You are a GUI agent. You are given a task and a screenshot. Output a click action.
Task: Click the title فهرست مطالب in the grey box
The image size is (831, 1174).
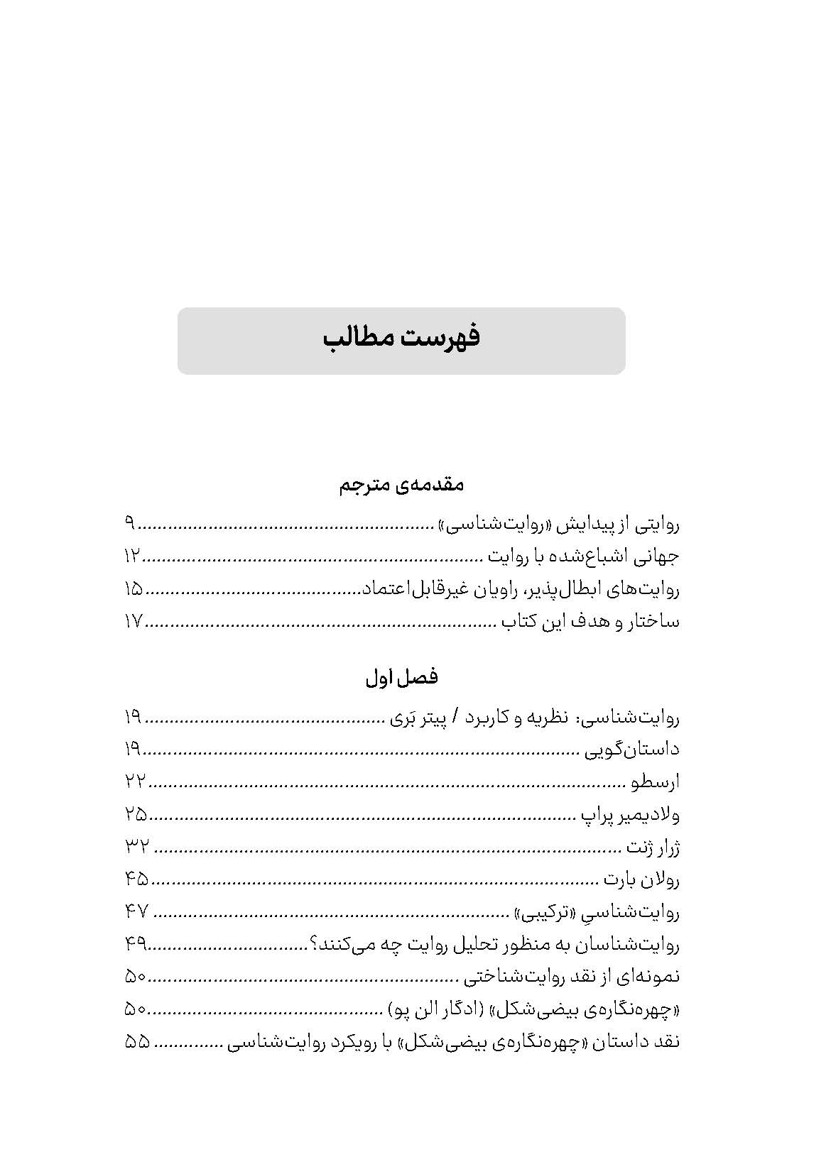[x=401, y=337]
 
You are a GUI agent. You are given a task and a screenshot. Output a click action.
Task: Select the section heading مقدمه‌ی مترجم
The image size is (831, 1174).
[x=401, y=485]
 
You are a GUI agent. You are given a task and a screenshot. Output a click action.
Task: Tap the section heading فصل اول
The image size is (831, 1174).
[x=401, y=677]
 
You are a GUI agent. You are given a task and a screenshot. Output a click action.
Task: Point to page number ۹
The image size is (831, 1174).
[x=129, y=525]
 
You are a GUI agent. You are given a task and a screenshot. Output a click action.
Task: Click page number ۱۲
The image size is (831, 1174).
[x=133, y=556]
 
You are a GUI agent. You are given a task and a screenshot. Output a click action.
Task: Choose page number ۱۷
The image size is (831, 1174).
[x=134, y=622]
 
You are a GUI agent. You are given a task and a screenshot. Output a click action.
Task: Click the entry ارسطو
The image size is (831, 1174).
[x=656, y=782]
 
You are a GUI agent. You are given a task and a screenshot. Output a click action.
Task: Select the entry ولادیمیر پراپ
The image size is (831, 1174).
[x=630, y=815]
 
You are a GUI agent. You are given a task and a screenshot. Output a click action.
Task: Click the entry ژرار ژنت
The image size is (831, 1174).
[x=652, y=847]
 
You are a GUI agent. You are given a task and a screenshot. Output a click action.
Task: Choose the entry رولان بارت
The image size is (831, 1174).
[x=641, y=880]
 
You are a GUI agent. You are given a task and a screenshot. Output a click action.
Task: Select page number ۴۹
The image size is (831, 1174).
[x=135, y=945]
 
